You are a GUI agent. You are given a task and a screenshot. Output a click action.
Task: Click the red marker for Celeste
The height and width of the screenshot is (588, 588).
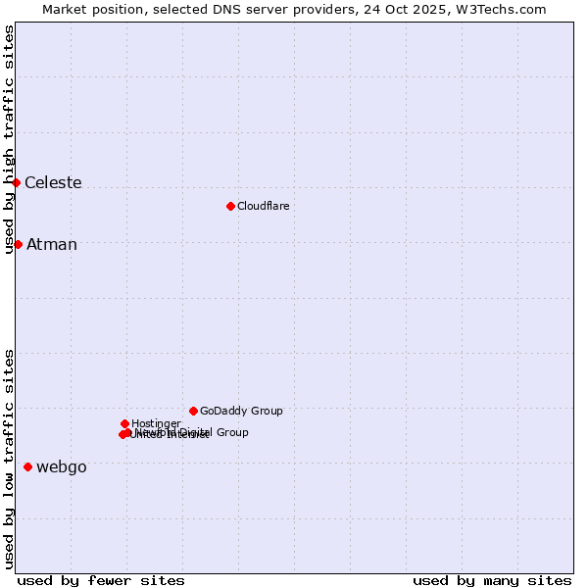(17, 182)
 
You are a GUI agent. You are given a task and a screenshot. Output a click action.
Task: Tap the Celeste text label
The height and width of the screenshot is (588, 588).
(53, 183)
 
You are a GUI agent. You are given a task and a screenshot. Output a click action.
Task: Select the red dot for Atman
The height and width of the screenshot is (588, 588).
(18, 244)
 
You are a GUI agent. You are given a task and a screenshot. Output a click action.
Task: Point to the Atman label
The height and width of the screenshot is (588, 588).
(52, 245)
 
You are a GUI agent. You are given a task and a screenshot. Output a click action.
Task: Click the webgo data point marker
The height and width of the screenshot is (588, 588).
(27, 466)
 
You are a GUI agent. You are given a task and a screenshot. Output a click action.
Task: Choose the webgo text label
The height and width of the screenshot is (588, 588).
(62, 467)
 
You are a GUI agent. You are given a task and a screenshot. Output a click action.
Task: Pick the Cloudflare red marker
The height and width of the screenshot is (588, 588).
(230, 206)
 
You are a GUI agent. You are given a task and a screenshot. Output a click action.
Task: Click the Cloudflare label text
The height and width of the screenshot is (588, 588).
(263, 207)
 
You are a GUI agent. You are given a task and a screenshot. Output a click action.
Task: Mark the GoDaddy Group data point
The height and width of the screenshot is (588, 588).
(193, 411)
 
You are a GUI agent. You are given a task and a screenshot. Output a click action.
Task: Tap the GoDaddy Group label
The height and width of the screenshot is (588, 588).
(241, 412)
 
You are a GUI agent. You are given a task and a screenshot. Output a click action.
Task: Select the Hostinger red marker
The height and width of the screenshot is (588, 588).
(124, 423)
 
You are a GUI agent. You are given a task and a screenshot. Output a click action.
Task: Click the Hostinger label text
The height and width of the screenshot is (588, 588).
(156, 424)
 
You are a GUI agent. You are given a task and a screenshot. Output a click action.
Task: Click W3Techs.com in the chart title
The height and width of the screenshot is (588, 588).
(505, 10)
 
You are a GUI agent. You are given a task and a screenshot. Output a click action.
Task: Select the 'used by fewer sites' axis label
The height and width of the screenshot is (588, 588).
(101, 580)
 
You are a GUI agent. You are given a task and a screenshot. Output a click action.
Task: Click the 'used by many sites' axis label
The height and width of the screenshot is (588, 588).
(492, 580)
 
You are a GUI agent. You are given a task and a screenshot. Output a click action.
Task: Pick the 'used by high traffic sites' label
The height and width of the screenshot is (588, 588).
(10, 140)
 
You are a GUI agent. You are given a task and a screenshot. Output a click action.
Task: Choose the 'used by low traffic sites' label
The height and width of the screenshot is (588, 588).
(10, 459)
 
